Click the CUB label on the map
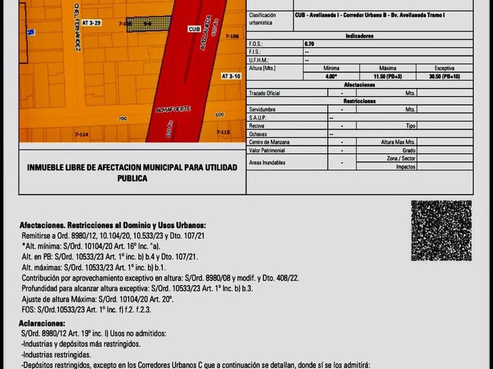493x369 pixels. (194, 29)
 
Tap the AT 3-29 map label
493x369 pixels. (92, 22)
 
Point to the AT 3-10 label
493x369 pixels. (231, 76)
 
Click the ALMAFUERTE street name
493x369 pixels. (171, 110)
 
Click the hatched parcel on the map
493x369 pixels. (150, 23)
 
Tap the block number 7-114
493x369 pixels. (82, 135)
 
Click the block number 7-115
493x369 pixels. (222, 132)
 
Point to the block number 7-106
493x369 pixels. (232, 36)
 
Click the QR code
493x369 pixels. (441, 231)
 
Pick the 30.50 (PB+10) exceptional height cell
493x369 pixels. (445, 76)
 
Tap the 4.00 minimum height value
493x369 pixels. (331, 76)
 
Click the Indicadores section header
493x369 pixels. (360, 36)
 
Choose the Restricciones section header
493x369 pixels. (360, 101)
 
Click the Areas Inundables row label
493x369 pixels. (267, 163)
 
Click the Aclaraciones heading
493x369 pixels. (42, 323)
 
